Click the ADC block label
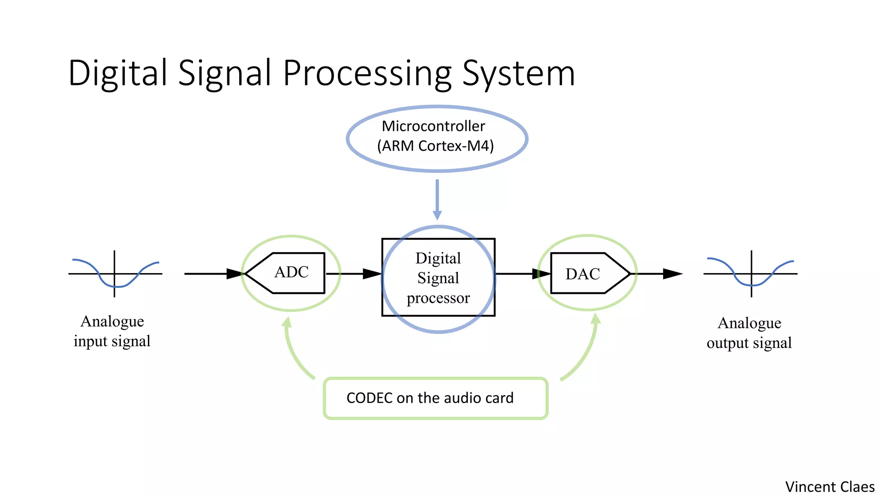tap(292, 272)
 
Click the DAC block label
tap(582, 274)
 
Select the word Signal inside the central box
tap(438, 278)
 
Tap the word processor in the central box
tap(438, 298)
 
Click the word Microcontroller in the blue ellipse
tap(433, 126)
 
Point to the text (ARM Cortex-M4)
tap(435, 146)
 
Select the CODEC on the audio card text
tap(430, 398)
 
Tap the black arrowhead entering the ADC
tap(235, 274)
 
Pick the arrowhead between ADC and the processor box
tap(372, 274)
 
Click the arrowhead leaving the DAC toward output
tap(672, 274)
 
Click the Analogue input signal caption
tap(112, 331)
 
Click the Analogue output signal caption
tap(749, 333)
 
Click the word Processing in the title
tap(367, 73)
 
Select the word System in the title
tap(518, 73)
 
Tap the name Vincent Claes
tap(830, 487)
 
